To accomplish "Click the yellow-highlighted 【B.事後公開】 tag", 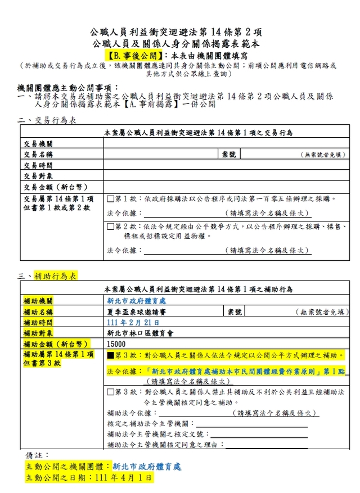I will [134, 56].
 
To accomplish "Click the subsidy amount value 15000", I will [116, 344].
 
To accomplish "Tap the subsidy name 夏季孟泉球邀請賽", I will [134, 311].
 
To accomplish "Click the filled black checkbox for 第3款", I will [111, 356].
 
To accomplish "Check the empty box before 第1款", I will [111, 199].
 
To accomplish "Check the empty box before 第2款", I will [111, 227].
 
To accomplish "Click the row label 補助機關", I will [38, 301].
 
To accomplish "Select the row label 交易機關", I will [38, 144].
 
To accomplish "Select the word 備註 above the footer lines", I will [38, 455].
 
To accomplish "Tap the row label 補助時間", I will [38, 322].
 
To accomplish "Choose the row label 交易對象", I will [38, 176].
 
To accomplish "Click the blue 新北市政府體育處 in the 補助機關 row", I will [137, 301].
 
